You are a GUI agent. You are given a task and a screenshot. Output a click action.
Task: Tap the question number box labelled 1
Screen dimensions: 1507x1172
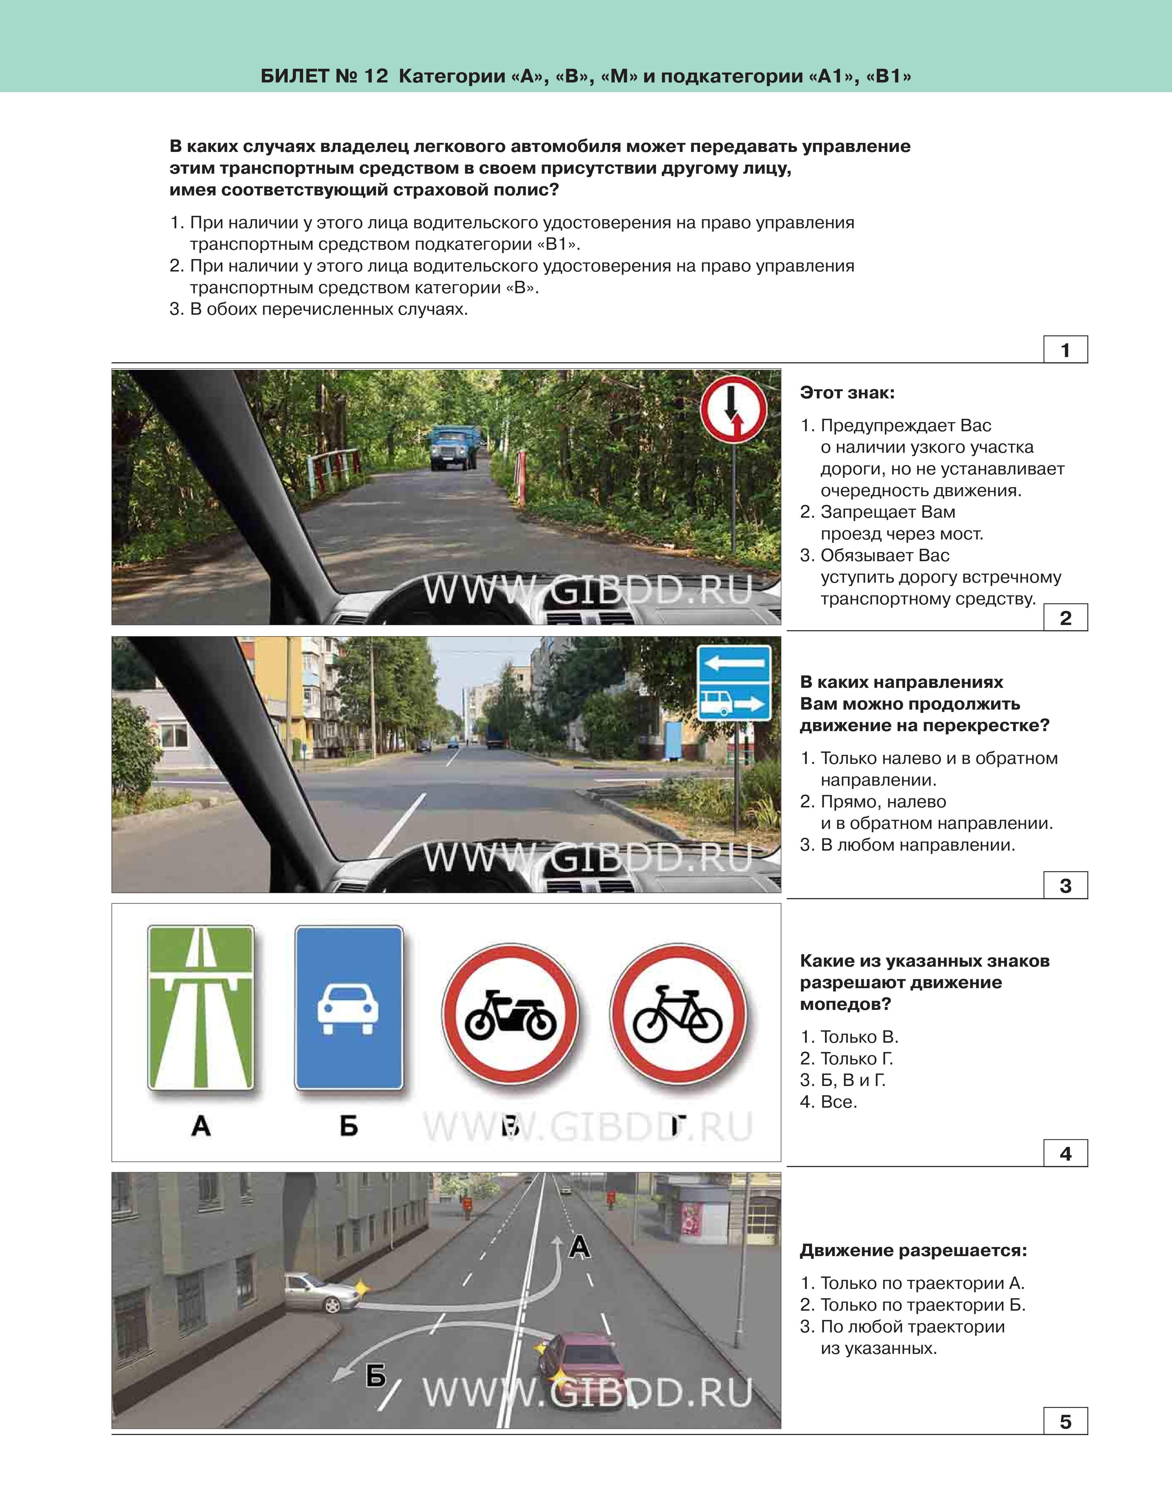[x=1065, y=350]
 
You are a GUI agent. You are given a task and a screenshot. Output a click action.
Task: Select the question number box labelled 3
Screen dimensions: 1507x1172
[x=1065, y=885]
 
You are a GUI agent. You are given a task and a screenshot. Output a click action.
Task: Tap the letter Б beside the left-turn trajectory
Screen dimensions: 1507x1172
[x=375, y=1376]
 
